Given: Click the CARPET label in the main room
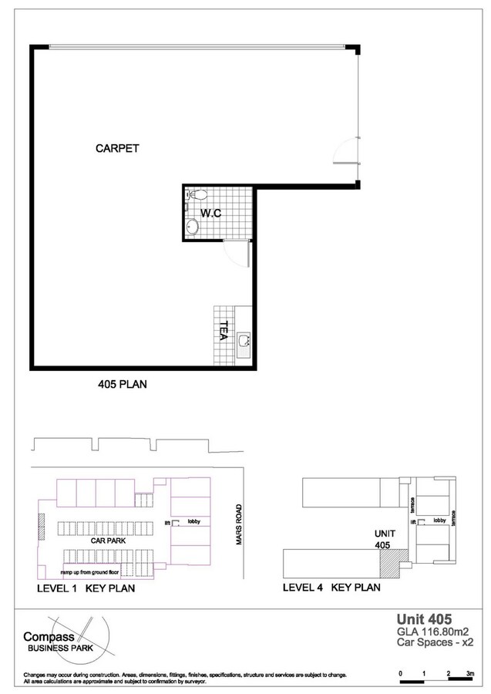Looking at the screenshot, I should click(x=117, y=148).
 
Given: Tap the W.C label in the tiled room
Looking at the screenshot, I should click(x=211, y=213).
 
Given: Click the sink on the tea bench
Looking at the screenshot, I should click(x=244, y=342).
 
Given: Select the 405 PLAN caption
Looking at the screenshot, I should click(x=123, y=383).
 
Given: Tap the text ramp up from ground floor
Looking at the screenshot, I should click(x=96, y=574).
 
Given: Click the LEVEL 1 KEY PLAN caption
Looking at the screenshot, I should click(x=86, y=588).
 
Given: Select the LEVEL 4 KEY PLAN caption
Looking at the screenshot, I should click(x=331, y=588).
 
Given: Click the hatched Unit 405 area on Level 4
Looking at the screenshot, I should click(x=386, y=564).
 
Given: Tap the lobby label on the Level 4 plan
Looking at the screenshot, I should click(x=439, y=520).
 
